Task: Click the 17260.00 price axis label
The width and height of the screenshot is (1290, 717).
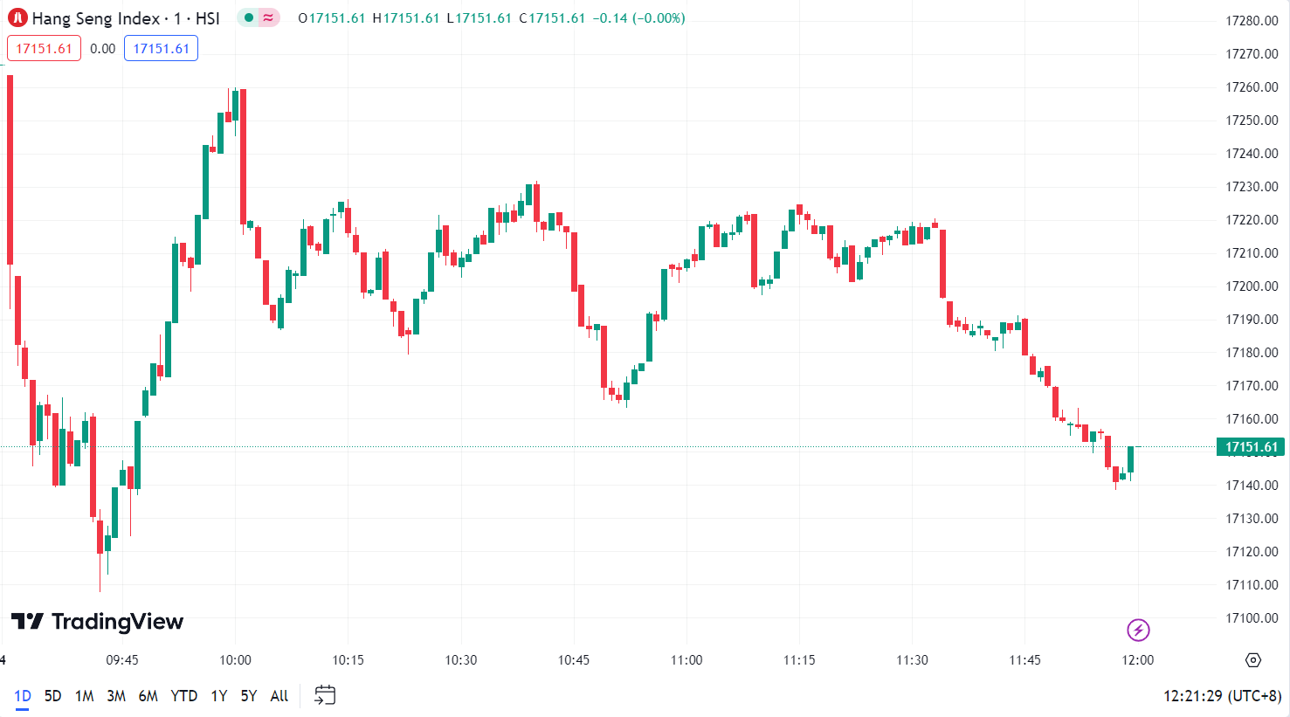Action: point(1252,87)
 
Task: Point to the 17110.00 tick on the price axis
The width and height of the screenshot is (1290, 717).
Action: point(1252,585)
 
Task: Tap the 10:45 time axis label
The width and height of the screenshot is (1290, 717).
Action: point(574,660)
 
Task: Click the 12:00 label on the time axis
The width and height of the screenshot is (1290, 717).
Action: point(1137,660)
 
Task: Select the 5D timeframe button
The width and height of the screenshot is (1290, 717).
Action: point(52,696)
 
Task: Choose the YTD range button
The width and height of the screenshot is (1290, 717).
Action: point(183,696)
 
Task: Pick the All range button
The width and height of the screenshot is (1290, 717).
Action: point(279,696)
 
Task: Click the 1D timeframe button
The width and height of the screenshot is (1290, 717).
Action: point(22,696)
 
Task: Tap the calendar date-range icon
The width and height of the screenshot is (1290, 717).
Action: point(325,695)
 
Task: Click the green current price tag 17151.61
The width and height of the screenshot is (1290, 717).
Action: point(1251,447)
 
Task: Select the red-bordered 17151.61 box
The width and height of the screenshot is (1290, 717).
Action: point(44,49)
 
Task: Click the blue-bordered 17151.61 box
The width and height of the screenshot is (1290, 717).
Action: point(161,49)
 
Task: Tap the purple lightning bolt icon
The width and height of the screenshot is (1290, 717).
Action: point(1138,630)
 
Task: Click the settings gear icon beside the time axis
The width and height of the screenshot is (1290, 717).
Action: point(1253,660)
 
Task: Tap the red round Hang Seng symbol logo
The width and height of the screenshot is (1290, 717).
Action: point(17,18)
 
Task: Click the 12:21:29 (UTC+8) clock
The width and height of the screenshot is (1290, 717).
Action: point(1222,696)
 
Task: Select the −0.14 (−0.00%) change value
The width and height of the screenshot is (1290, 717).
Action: point(638,18)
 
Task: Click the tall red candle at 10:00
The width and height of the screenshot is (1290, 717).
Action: point(243,157)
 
